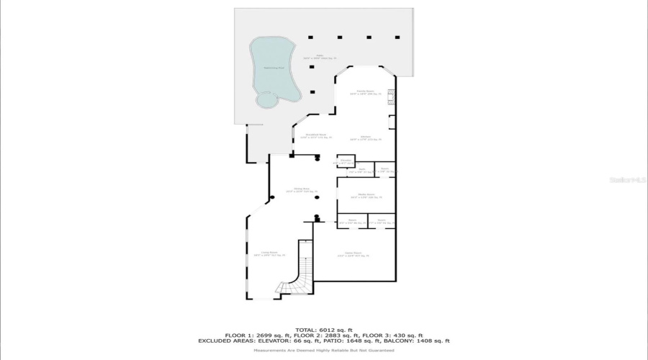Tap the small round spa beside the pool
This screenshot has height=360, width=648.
point(266,100)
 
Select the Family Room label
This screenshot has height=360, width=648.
point(366,92)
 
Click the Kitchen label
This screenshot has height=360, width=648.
point(365,138)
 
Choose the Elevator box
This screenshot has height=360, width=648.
point(346,161)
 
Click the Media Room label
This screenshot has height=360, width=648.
point(366,195)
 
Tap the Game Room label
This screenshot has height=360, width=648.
point(353,254)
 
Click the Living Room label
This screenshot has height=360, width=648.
point(269,253)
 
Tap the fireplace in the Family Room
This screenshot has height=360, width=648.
point(391,96)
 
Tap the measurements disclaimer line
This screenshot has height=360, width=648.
point(324,350)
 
